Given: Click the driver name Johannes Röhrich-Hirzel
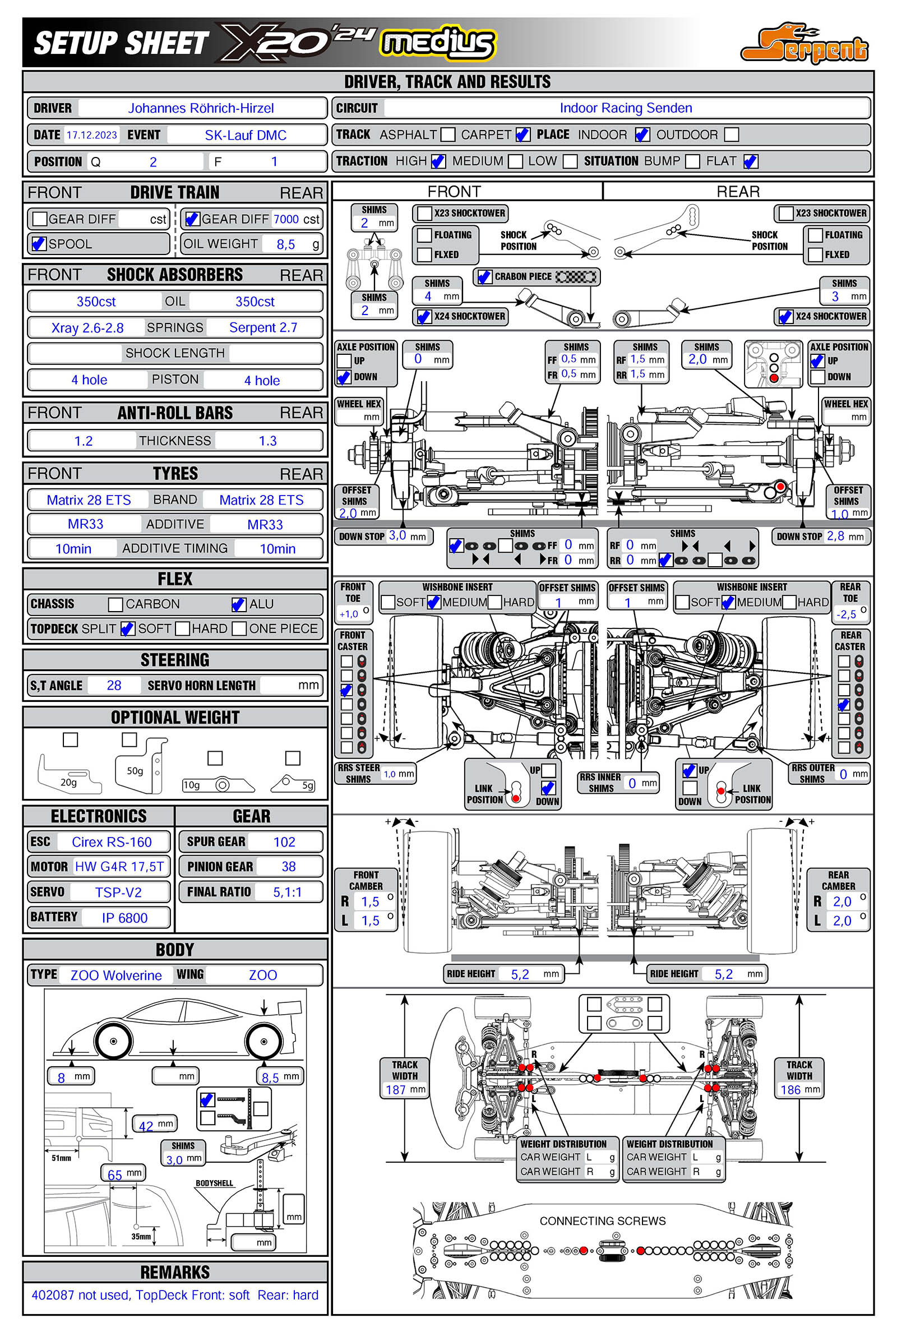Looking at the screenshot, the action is pos(201,108).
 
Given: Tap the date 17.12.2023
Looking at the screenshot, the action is pos(91,135).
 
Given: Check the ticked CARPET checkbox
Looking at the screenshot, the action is pos(523,135).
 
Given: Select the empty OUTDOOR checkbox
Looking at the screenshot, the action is pos(731,135).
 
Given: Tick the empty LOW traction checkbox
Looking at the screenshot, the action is pos(570,161).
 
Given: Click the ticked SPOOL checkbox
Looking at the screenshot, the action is pos(39,244).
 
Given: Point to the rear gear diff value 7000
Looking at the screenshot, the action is pos(286,219).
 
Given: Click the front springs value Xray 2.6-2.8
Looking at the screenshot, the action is pos(87,328).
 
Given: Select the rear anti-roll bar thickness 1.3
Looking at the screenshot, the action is pos(267,441).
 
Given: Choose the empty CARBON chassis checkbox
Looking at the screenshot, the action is pos(115,604).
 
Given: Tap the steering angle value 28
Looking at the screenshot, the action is pos(114,685).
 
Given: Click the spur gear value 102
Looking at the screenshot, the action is pos(284,842).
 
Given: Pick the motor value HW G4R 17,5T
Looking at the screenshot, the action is pos(119,867).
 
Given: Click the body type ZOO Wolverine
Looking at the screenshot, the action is pos(116,975).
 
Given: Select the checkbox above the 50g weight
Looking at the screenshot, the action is pos(130,739).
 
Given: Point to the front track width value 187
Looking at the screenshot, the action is pos(395,1090).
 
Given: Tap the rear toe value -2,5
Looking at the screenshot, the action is pos(846,614).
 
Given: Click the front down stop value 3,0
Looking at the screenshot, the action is pos(397,536).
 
